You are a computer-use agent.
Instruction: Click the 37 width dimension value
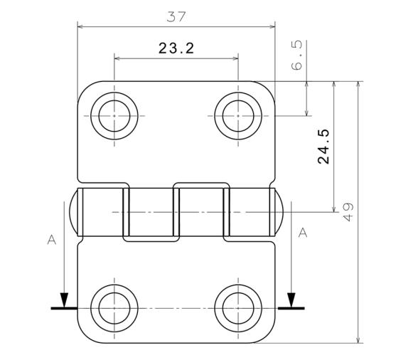click(176, 16)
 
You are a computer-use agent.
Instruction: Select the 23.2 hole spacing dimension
click(176, 48)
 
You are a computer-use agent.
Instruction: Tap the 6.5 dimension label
click(297, 55)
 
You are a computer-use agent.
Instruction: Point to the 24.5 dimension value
click(323, 147)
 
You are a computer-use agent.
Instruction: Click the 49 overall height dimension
click(348, 211)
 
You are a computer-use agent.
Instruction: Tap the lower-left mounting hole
click(115, 308)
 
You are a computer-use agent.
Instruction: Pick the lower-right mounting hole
click(237, 308)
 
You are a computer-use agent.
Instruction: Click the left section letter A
click(51, 240)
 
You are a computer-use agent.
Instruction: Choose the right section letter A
click(302, 233)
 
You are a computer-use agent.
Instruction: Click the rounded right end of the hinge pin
click(280, 212)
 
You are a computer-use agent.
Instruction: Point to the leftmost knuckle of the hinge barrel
click(101, 212)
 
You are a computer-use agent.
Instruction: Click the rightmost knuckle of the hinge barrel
click(250, 212)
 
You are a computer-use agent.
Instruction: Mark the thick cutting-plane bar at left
click(63, 309)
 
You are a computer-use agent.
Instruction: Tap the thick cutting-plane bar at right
click(291, 309)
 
